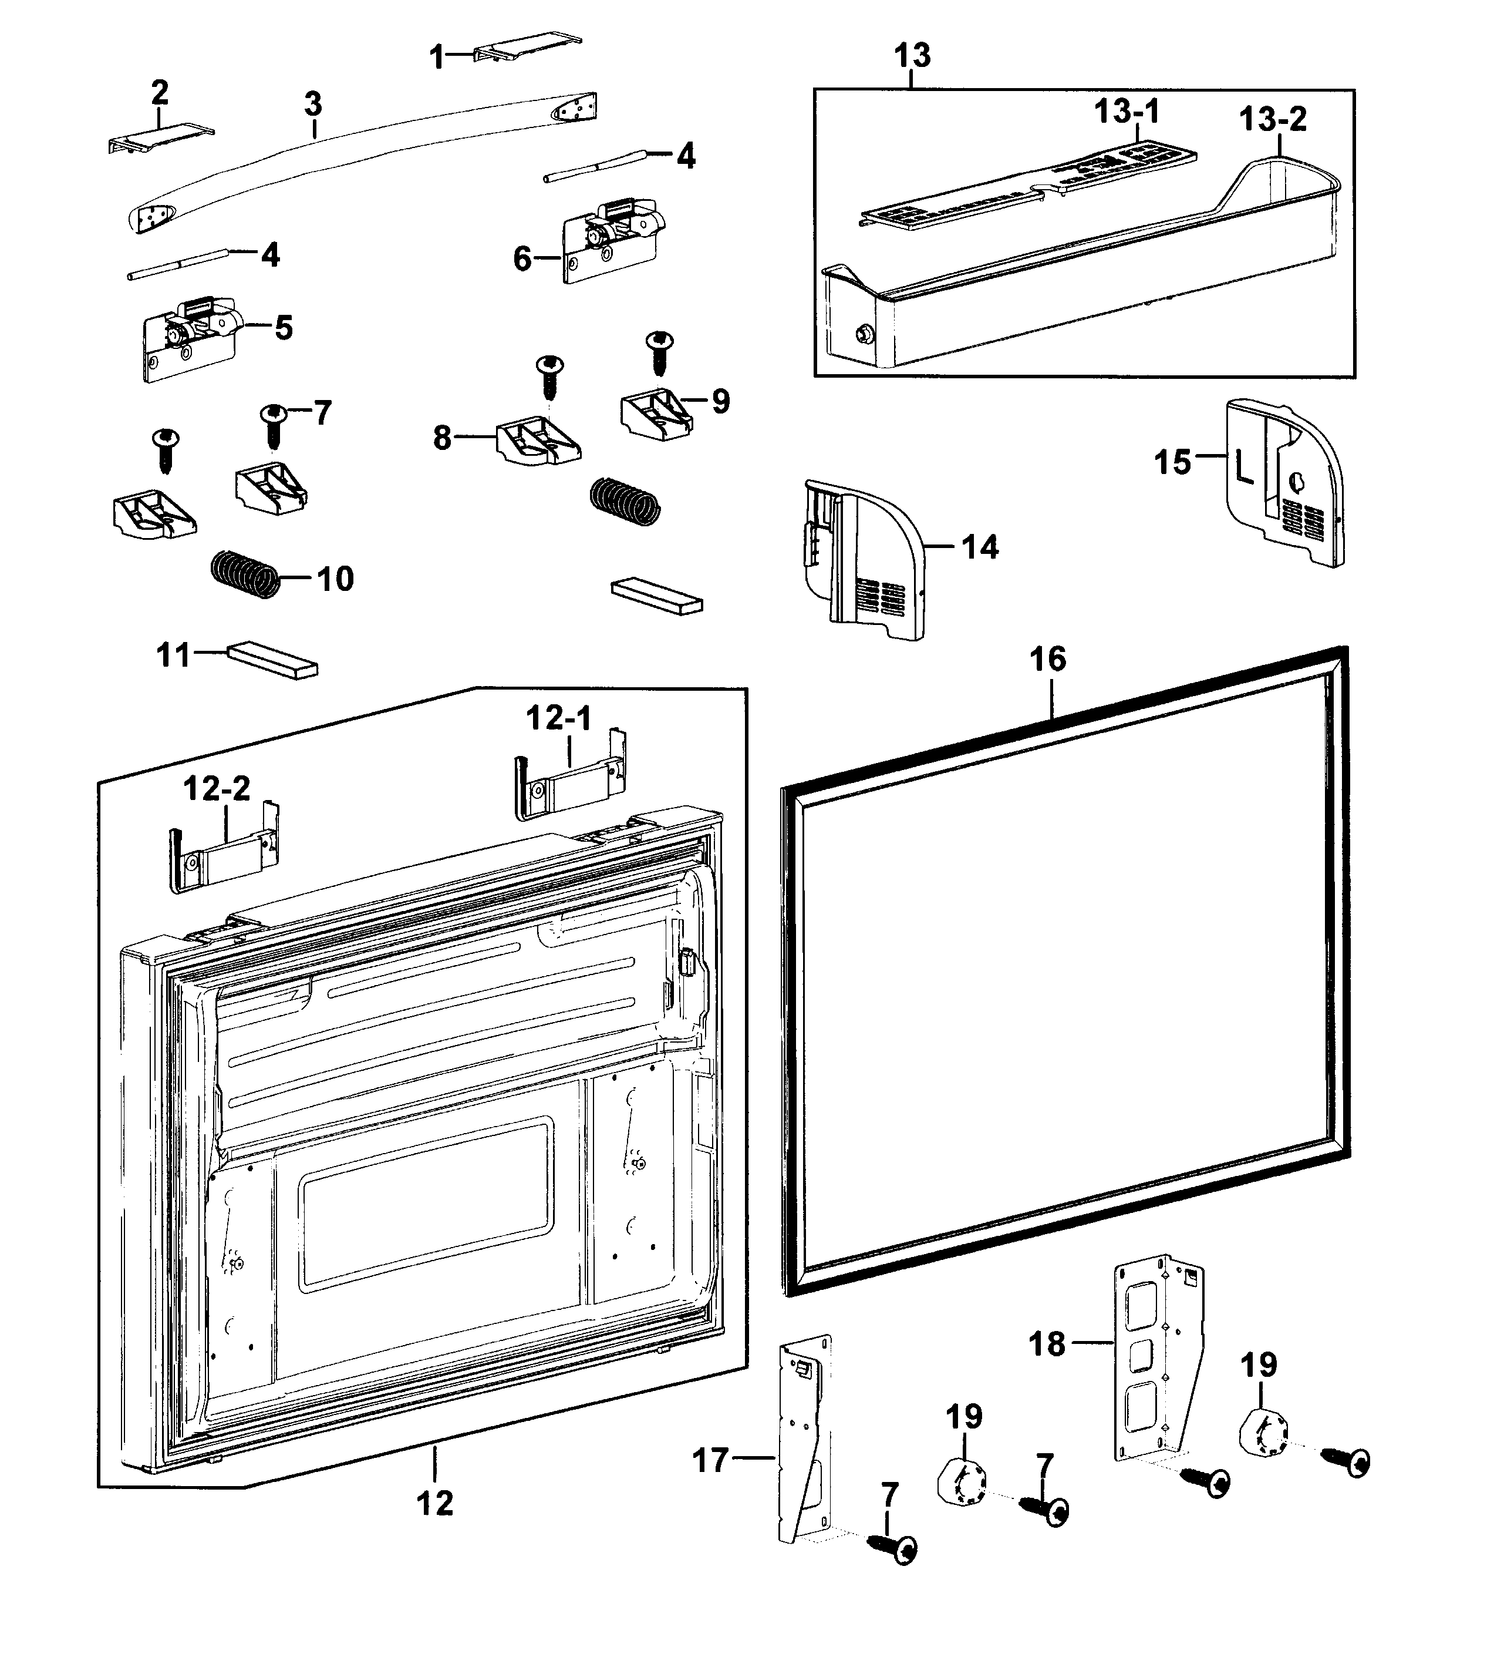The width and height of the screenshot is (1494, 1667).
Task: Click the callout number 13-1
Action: tap(1127, 112)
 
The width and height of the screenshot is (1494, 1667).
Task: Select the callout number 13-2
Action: tap(1272, 120)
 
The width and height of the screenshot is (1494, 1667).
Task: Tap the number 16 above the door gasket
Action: tap(1048, 660)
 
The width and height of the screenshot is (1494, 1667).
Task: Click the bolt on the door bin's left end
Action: tap(863, 334)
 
